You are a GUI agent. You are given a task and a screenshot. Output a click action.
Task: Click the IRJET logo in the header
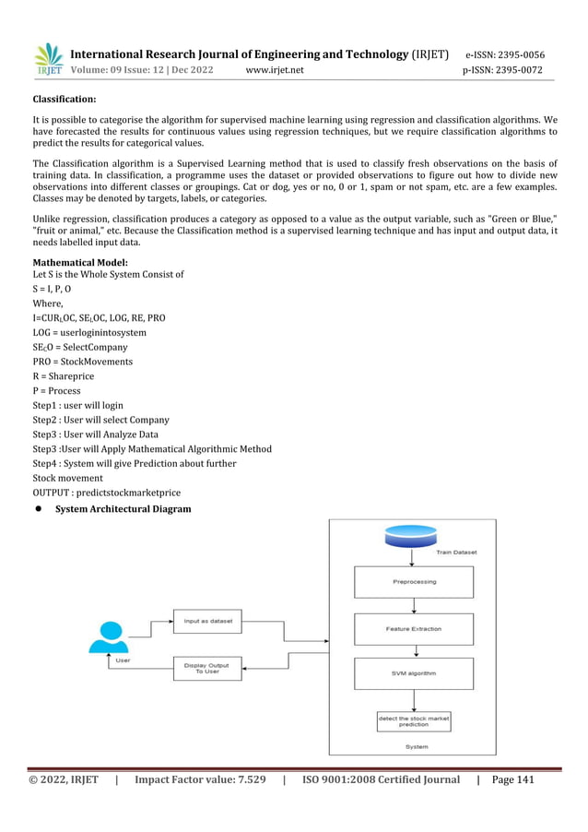(48, 59)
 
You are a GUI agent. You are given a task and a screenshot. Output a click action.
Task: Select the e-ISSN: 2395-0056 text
(504, 54)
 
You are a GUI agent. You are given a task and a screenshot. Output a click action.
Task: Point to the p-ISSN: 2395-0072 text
(502, 70)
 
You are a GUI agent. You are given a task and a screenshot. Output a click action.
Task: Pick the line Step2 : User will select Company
(101, 420)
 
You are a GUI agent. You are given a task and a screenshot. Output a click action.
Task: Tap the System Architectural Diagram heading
(123, 509)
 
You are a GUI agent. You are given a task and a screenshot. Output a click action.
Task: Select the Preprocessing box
(414, 582)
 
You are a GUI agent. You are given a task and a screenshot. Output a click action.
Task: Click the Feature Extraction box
(414, 629)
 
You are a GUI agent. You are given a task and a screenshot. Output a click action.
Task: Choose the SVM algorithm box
(414, 673)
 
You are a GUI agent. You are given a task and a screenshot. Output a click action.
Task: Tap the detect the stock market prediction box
(414, 721)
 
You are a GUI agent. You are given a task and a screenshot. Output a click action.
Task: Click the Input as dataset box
(207, 621)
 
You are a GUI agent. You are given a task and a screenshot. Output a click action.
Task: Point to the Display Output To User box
(207, 668)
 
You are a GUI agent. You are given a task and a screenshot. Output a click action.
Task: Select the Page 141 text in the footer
(513, 779)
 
